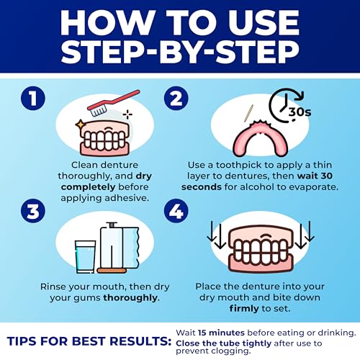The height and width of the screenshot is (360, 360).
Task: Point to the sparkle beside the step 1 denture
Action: [x=128, y=114]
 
